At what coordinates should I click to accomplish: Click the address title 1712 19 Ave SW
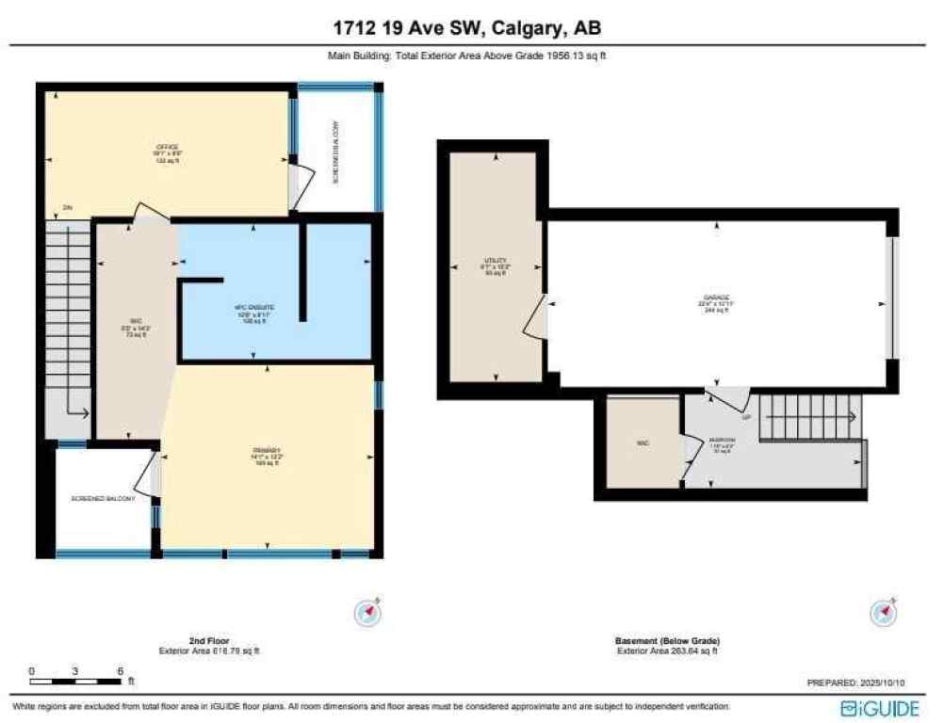pos(471,29)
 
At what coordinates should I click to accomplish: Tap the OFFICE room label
pos(167,148)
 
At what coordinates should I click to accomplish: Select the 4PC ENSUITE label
pos(254,308)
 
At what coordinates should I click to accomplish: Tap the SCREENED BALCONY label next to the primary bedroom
pos(103,498)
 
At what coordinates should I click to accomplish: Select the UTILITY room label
pos(496,260)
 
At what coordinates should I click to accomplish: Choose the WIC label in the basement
pos(643,442)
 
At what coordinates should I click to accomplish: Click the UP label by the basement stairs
pos(746,417)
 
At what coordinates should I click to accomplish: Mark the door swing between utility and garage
pos(535,318)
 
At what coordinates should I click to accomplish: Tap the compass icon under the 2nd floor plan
pos(366,613)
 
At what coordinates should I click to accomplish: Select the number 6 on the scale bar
pos(120,671)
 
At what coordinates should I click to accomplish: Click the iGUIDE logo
pos(879,706)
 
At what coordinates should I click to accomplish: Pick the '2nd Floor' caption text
pos(209,641)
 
